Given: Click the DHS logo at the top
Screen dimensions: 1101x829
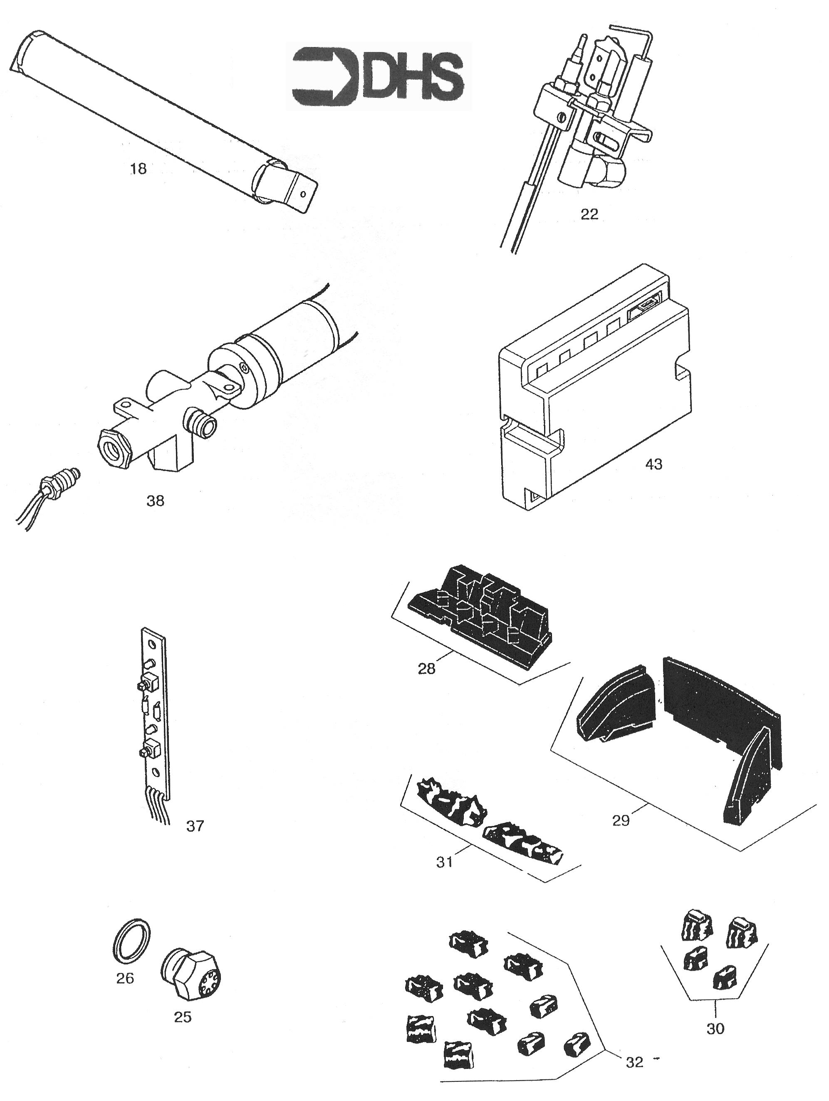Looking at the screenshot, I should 378,76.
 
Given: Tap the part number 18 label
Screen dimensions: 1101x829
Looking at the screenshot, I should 138,169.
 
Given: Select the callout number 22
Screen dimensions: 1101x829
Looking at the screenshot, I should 589,214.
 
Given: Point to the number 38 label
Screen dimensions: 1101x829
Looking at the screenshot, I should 155,501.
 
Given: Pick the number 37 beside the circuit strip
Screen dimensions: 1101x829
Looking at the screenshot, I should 195,826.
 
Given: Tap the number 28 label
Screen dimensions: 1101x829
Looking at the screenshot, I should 427,669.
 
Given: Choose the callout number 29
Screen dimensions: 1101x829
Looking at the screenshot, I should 621,820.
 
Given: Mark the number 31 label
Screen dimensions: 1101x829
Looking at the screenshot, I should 445,862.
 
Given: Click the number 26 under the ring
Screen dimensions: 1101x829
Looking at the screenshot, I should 125,979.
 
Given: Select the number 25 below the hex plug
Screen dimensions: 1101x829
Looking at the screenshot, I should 183,1017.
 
